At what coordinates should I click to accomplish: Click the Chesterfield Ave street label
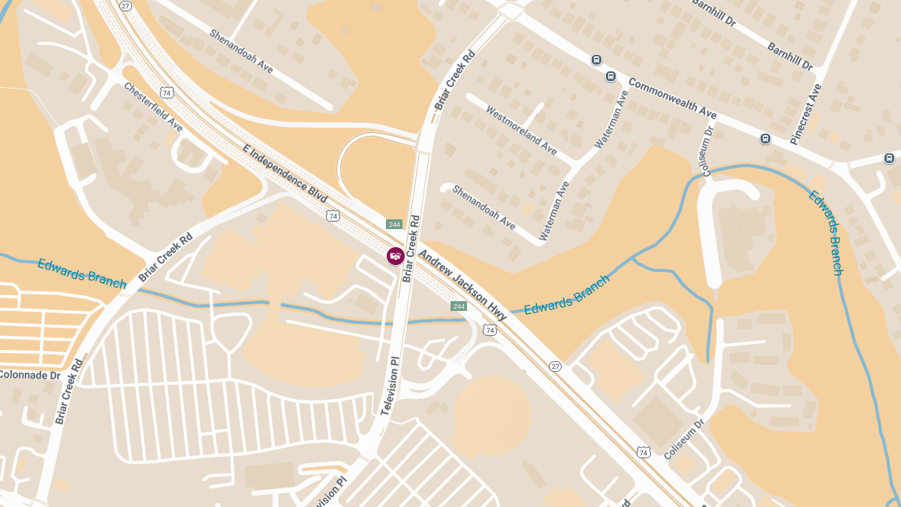click(x=153, y=107)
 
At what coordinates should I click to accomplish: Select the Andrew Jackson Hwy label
click(x=463, y=285)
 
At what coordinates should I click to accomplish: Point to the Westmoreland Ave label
click(x=521, y=130)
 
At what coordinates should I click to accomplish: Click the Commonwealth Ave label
click(x=673, y=98)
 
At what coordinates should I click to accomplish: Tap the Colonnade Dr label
click(x=29, y=374)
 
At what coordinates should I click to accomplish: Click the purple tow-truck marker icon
click(x=396, y=256)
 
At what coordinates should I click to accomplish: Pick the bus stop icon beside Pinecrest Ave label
click(x=765, y=138)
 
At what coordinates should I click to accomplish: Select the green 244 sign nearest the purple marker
click(x=394, y=225)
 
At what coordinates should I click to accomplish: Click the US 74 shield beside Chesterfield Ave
click(x=167, y=93)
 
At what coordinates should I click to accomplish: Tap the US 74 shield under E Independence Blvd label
click(x=333, y=216)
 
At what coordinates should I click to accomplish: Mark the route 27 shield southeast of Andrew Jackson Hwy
click(x=555, y=366)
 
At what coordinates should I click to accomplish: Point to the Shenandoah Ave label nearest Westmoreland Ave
click(x=484, y=207)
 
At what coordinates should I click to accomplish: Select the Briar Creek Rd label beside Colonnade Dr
click(x=68, y=391)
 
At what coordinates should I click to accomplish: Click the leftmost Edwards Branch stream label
click(x=82, y=273)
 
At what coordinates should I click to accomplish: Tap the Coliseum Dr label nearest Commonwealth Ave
click(x=707, y=151)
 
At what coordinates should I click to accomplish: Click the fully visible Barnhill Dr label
click(x=790, y=56)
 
